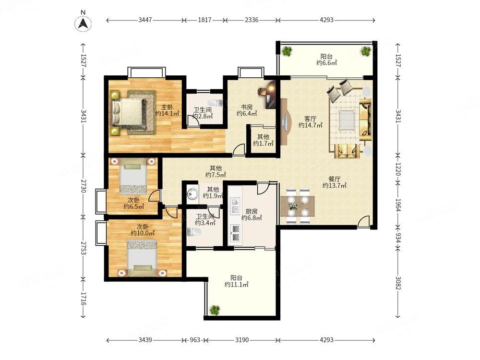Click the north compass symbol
[83, 23]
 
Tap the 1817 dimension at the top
[204, 20]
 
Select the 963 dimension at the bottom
[195, 340]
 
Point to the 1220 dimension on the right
[397, 168]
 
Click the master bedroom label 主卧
[167, 107]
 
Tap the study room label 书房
[247, 107]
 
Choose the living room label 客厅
[311, 119]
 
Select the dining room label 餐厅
[334, 179]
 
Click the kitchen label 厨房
[252, 212]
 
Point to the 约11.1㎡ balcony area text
[236, 284]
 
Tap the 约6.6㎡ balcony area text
[326, 63]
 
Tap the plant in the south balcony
[215, 310]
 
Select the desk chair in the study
[263, 91]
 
